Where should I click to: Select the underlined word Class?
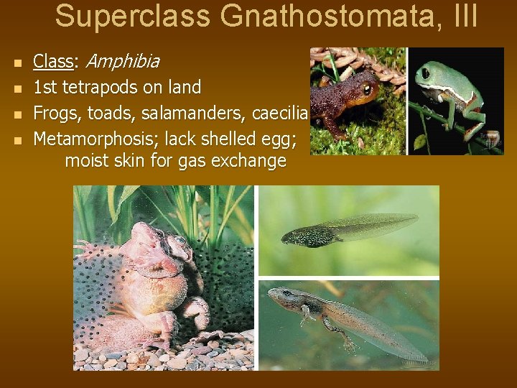(x=53, y=62)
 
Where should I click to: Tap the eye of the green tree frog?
(x=427, y=73)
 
